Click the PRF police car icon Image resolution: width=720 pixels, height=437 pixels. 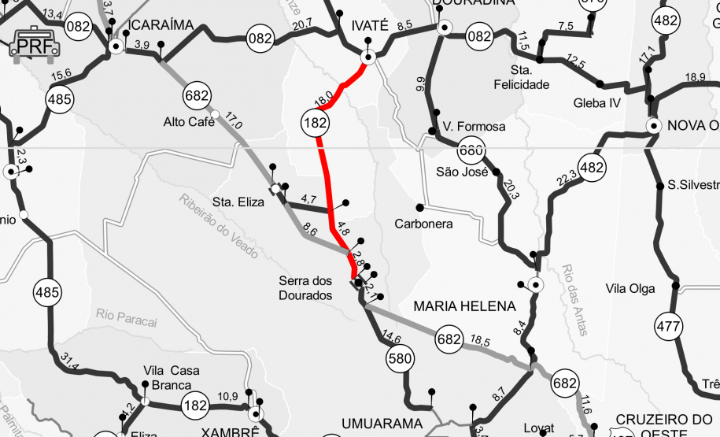pyautogui.click(x=35, y=45)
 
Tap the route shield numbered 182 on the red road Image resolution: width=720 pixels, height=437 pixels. pyautogui.click(x=315, y=122)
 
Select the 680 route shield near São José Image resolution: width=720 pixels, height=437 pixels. pyautogui.click(x=471, y=150)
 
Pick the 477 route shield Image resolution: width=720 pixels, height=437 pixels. pyautogui.click(x=669, y=325)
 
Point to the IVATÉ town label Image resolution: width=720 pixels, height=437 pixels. pyautogui.click(x=369, y=25)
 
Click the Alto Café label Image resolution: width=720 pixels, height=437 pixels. pyautogui.click(x=189, y=121)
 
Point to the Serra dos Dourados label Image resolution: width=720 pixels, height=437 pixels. pyautogui.click(x=305, y=287)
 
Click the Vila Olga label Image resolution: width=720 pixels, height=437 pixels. pyautogui.click(x=630, y=288)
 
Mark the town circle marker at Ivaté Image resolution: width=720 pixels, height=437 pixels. pyautogui.click(x=367, y=57)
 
